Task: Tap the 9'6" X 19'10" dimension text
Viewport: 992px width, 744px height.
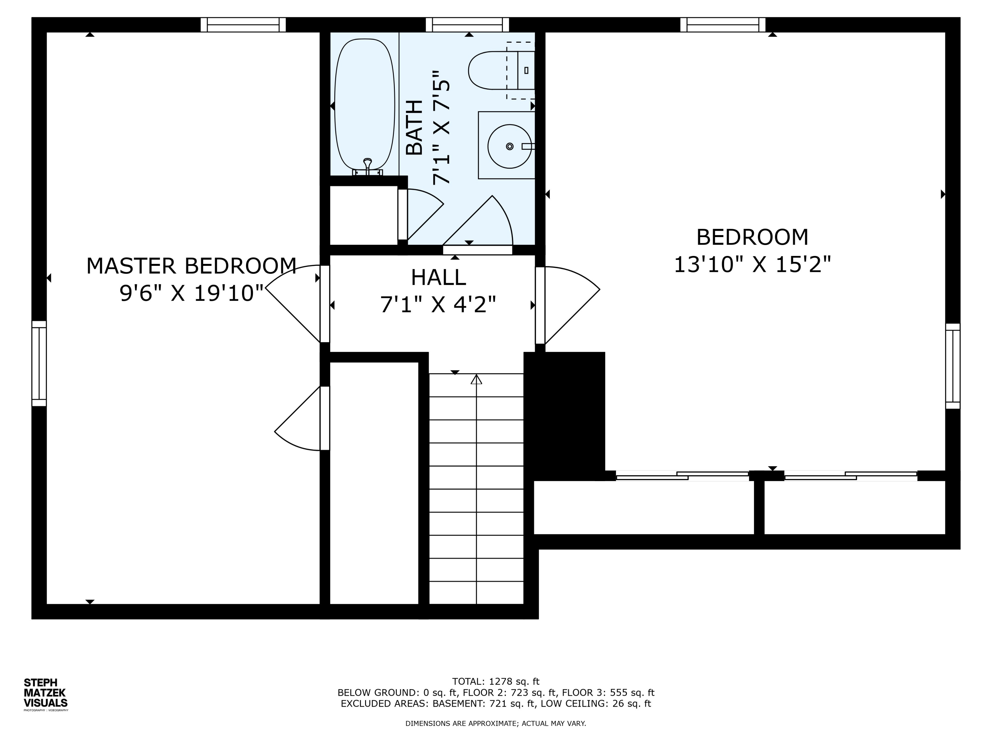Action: (191, 293)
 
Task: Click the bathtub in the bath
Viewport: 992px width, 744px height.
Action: (365, 104)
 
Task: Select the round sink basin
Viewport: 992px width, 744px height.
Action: (510, 146)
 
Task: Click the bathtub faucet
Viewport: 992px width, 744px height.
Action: (367, 166)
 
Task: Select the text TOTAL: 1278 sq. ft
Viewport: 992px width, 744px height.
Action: (496, 682)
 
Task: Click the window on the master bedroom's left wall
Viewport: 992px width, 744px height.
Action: (39, 363)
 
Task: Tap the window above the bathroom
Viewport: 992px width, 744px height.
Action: (467, 25)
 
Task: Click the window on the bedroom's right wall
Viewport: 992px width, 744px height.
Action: (953, 366)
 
